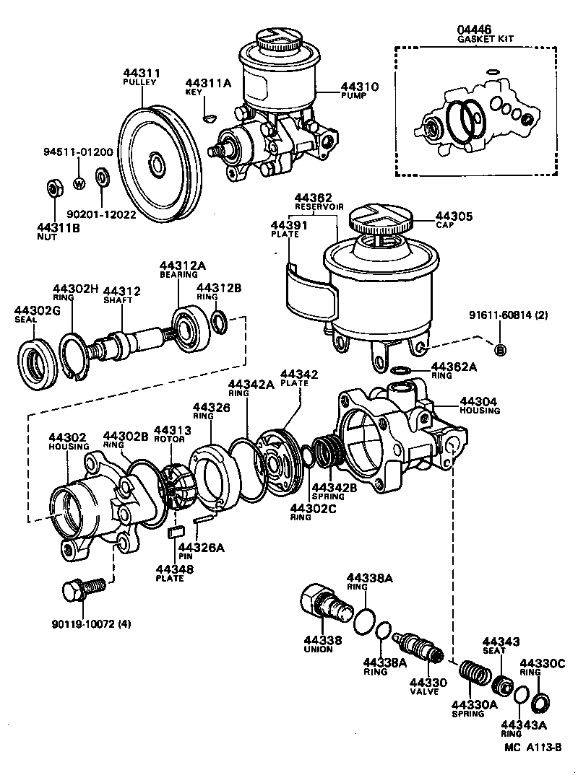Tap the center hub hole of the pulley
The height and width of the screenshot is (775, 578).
[157, 164]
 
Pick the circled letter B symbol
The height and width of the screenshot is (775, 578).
[501, 350]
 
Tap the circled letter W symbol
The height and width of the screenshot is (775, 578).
[79, 182]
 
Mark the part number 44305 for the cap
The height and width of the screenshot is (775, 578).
[454, 214]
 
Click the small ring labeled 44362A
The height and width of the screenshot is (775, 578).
[399, 371]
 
